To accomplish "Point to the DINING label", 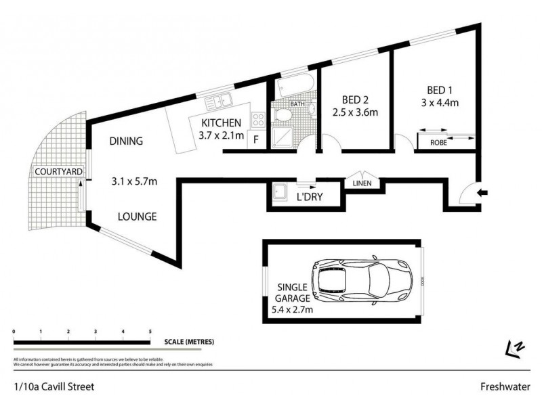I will coord(127,141).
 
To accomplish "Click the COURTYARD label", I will coord(59,173).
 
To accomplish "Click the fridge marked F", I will coord(256,141).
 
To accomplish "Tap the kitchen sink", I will coord(222,102).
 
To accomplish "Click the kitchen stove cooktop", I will coord(258,120).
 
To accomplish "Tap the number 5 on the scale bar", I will coord(150,332).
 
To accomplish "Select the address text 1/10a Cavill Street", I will coord(53,387).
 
